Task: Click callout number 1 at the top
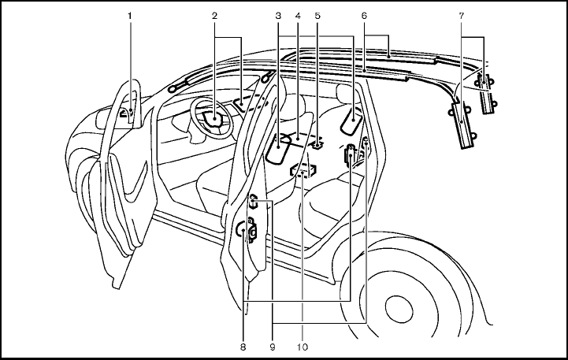(131, 15)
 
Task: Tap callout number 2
(214, 15)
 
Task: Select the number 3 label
(278, 15)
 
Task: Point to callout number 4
(297, 15)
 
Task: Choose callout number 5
(317, 15)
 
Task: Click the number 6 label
(364, 15)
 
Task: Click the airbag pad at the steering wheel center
(212, 119)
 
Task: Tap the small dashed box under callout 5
(318, 144)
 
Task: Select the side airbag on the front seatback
(280, 148)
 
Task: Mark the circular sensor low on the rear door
(241, 230)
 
